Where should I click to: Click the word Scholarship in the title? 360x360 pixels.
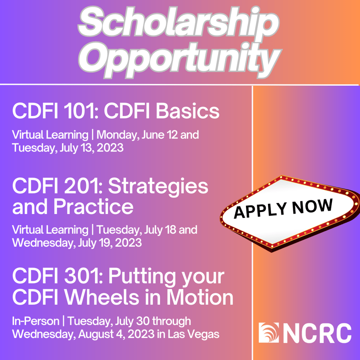(x=179, y=22)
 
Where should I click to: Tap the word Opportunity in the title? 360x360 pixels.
(x=180, y=60)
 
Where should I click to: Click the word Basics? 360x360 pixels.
(x=188, y=111)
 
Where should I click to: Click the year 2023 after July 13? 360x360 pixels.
(x=110, y=147)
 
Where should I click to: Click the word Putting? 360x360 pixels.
(x=141, y=277)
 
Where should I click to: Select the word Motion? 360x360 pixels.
(x=200, y=297)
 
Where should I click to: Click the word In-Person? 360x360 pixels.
(x=36, y=321)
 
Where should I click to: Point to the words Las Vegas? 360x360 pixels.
(x=194, y=334)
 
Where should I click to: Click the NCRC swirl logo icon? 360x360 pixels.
(x=269, y=333)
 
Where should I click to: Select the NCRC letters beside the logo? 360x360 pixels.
(x=317, y=333)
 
